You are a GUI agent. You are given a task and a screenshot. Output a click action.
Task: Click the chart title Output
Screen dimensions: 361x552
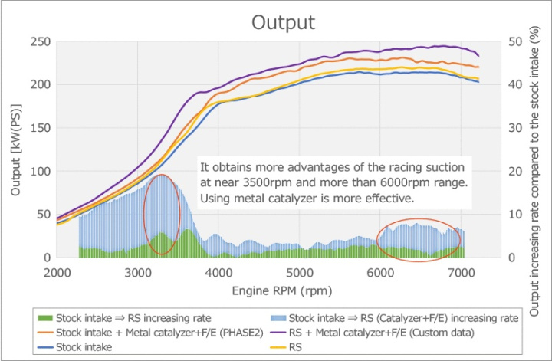283,21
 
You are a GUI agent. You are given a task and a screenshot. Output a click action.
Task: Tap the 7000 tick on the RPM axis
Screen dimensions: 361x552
462,273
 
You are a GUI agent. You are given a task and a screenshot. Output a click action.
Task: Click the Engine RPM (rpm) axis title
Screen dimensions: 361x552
258,290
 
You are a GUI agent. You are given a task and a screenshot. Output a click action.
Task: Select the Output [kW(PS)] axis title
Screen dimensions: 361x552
16,152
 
